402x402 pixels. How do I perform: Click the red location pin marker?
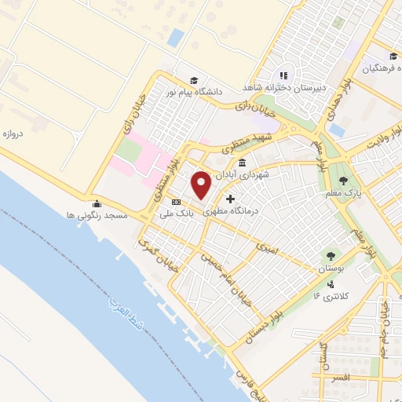201,184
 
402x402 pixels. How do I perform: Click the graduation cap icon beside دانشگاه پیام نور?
193,79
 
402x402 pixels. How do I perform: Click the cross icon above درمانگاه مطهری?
230,199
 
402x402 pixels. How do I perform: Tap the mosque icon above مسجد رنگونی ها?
97,203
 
